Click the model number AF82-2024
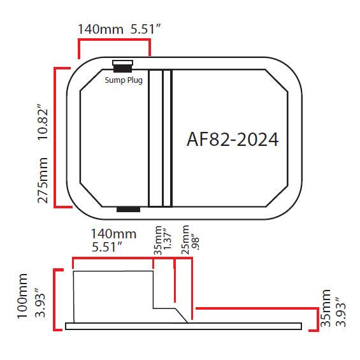pyautogui.click(x=233, y=140)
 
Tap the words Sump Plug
pyautogui.click(x=123, y=81)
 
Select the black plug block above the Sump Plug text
pyautogui.click(x=122, y=66)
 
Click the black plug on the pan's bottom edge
pyautogui.click(x=128, y=209)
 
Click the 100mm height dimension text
pyautogui.click(x=25, y=296)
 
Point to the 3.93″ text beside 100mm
pyautogui.click(x=40, y=298)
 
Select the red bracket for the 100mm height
pyautogui.click(x=56, y=300)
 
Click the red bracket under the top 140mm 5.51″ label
pyautogui.click(x=114, y=40)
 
